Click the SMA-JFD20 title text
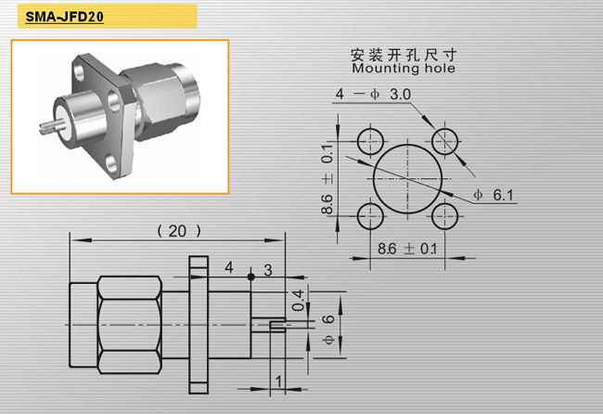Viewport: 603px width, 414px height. (x=64, y=17)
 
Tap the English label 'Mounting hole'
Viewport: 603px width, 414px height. (x=404, y=69)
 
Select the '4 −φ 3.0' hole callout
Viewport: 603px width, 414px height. (x=373, y=95)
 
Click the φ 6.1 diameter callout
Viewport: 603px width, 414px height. (x=494, y=195)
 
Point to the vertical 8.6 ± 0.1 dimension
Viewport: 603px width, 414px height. (x=327, y=178)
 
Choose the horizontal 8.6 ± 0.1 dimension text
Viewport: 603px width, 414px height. (x=407, y=249)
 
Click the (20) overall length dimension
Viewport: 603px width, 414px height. (x=179, y=231)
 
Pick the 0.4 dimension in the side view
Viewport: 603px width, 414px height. (x=298, y=300)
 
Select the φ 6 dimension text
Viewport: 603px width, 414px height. (x=328, y=329)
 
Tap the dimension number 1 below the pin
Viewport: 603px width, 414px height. (x=278, y=382)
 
